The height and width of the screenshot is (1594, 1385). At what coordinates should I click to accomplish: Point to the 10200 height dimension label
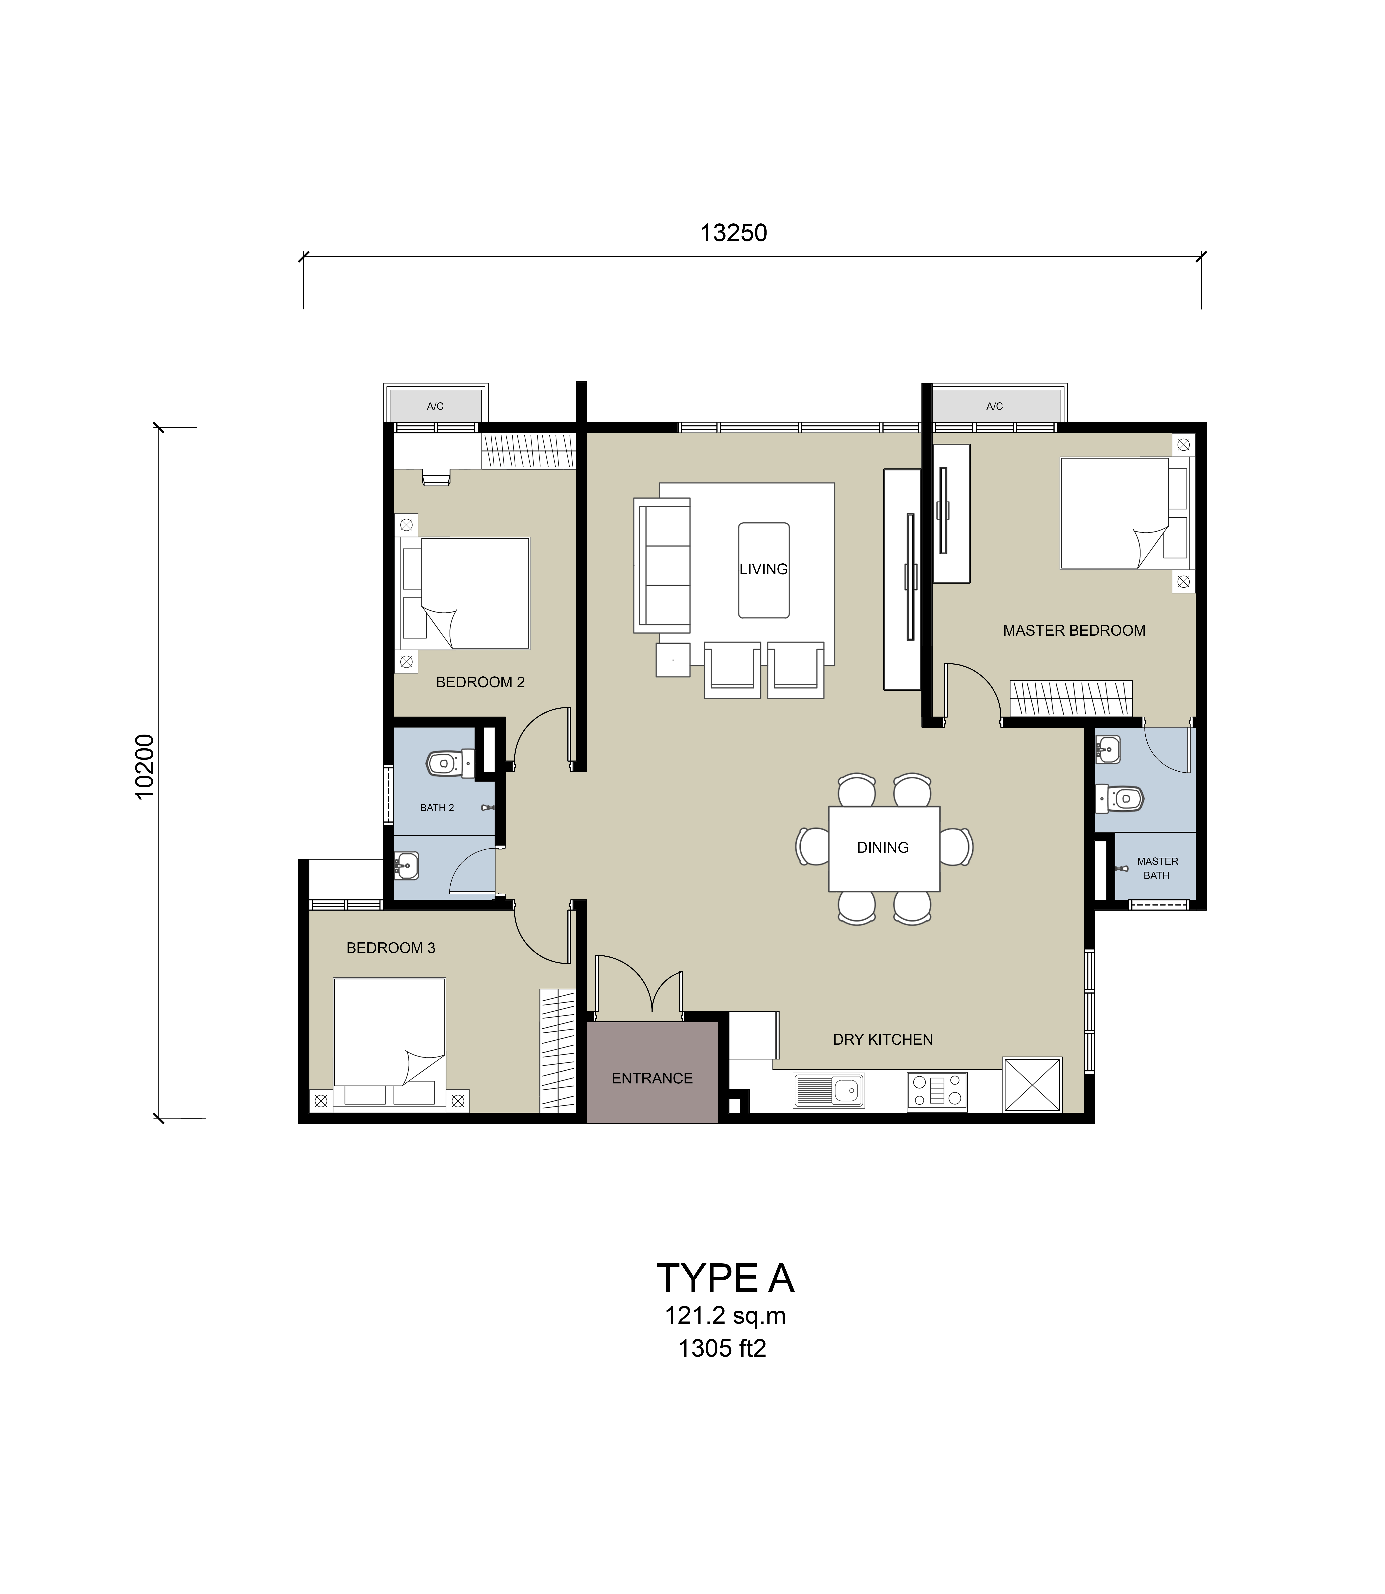[145, 766]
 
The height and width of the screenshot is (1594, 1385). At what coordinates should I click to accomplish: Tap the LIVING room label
[764, 570]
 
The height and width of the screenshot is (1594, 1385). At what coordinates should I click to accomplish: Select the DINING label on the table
[883, 848]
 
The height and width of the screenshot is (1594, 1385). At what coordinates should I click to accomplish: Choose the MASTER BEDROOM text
[1074, 630]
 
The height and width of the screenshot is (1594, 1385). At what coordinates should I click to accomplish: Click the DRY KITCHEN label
[883, 1040]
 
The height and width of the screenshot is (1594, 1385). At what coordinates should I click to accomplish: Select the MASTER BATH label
[1157, 869]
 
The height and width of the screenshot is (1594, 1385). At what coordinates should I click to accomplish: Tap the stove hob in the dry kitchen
[937, 1092]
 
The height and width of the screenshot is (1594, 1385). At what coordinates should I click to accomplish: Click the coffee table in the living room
[764, 570]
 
